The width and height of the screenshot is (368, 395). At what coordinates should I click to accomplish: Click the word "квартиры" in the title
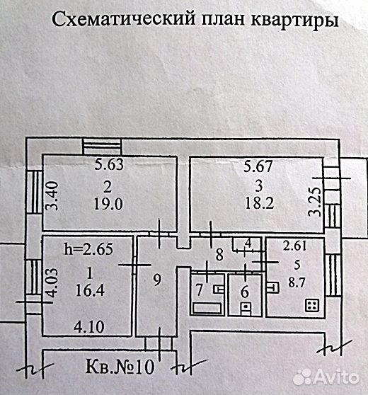click(x=294, y=20)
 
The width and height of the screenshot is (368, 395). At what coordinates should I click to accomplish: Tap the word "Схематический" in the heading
click(x=123, y=18)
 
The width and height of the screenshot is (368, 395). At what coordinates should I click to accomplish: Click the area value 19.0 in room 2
click(x=108, y=204)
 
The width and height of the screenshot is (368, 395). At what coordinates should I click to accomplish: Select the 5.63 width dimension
click(x=109, y=164)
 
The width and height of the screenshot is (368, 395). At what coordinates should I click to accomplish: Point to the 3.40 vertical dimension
click(x=53, y=196)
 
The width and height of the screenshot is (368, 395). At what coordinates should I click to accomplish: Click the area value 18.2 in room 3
click(x=260, y=203)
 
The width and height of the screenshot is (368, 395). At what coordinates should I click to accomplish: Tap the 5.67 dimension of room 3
click(x=258, y=166)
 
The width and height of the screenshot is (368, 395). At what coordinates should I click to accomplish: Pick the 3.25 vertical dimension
click(x=315, y=202)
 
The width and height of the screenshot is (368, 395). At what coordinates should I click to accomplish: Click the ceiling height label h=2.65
click(x=88, y=249)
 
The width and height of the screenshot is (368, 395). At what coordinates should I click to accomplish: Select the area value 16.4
click(x=90, y=290)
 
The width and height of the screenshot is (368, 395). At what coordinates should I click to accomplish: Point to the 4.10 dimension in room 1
click(x=89, y=327)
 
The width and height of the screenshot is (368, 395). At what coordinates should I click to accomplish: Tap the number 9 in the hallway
click(x=157, y=280)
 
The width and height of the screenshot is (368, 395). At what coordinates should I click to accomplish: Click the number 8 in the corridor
click(x=219, y=254)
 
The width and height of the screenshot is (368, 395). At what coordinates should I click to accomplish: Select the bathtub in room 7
click(x=207, y=308)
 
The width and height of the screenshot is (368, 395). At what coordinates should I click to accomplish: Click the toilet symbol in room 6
click(x=246, y=309)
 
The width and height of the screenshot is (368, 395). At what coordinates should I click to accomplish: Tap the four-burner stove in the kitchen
click(x=313, y=305)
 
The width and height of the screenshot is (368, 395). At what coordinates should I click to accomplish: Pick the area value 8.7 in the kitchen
click(x=297, y=282)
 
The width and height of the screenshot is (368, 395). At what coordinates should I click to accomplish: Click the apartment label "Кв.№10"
click(x=120, y=367)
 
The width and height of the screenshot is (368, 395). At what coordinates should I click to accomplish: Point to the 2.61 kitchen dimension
click(x=294, y=246)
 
